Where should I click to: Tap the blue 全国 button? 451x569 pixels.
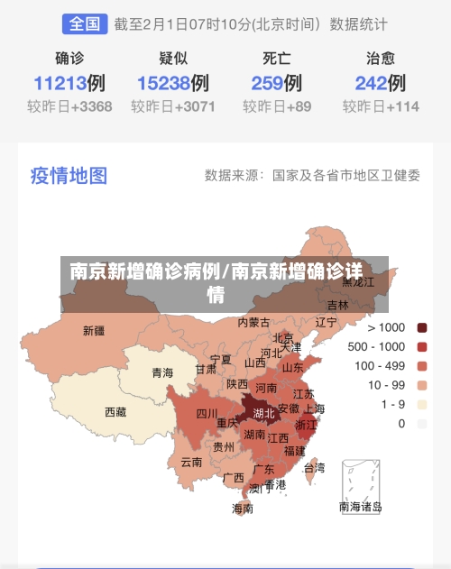tap(85, 23)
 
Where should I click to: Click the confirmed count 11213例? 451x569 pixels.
tap(69, 84)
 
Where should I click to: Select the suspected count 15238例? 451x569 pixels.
tap(173, 84)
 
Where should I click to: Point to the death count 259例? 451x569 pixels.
tap(276, 84)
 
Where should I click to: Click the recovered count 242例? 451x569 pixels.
tap(380, 84)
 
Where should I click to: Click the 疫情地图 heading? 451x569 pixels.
tap(69, 175)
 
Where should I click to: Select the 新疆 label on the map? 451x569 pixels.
tap(94, 331)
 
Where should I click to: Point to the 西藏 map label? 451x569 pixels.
tap(116, 412)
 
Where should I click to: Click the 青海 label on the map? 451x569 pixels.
tap(162, 372)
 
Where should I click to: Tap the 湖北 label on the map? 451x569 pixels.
tap(263, 414)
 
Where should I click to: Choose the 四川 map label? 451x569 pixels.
tap(207, 415)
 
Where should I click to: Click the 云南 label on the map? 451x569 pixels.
tap(191, 462)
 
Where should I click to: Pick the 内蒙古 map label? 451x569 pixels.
tap(253, 322)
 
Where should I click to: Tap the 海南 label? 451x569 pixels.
tap(243, 509)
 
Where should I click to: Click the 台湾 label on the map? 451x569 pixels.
tap(313, 468)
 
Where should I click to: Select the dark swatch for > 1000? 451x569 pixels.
tap(422, 327)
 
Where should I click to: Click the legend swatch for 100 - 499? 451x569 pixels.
tap(422, 366)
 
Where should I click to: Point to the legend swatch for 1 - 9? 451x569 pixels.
tap(422, 404)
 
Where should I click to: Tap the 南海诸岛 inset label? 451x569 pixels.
tap(361, 507)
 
